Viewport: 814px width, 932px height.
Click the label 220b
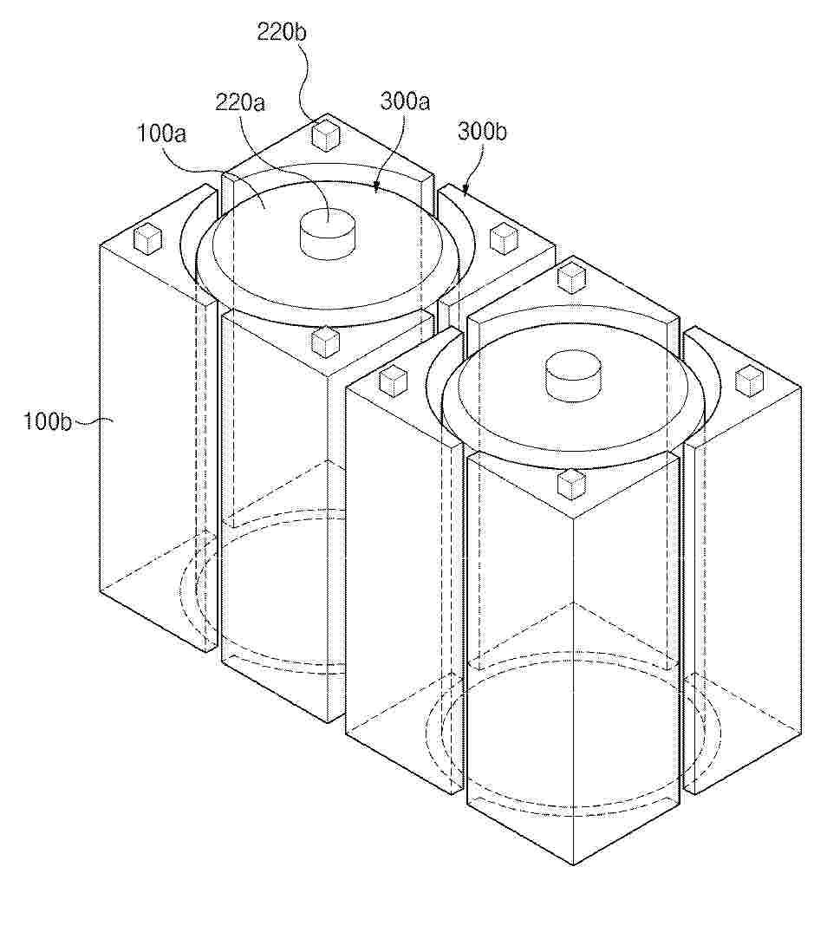click(x=282, y=31)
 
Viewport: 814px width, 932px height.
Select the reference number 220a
click(x=240, y=103)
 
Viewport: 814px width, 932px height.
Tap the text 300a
click(x=405, y=101)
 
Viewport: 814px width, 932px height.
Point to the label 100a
click(x=161, y=133)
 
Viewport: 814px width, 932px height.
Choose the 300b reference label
click(x=482, y=132)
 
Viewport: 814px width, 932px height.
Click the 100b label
click(x=48, y=420)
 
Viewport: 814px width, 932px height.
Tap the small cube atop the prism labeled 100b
click(x=147, y=239)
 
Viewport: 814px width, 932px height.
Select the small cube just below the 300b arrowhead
click(x=504, y=238)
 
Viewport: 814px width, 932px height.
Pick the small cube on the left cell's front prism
click(x=326, y=342)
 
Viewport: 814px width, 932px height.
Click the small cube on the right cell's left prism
click(x=393, y=381)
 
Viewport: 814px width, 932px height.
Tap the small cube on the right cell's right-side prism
click(x=750, y=381)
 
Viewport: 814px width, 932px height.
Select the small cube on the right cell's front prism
click(x=572, y=483)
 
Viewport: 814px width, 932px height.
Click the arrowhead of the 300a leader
click(x=375, y=188)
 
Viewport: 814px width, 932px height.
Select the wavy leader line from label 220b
click(x=310, y=81)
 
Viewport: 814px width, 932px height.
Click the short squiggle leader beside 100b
click(x=93, y=421)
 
